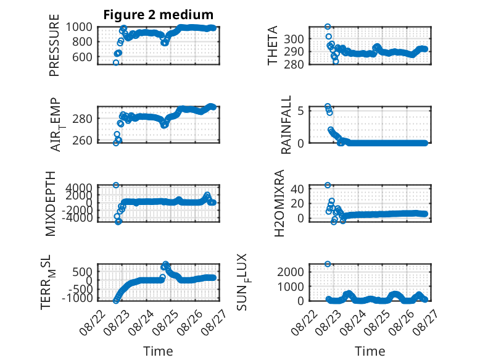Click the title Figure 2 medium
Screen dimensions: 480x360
coord(159,15)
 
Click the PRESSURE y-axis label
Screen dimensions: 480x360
coord(54,45)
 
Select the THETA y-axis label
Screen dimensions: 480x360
coord(272,45)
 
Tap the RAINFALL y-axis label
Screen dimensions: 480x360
coord(286,125)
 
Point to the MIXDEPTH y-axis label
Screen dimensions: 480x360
coord(50,204)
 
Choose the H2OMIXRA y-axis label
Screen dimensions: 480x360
coord(279,203)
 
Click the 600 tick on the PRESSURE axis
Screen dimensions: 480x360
coord(82,57)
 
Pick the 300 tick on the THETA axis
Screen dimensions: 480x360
coord(294,40)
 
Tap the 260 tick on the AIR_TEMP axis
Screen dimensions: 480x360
coord(82,141)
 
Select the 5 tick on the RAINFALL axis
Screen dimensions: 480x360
coord(300,111)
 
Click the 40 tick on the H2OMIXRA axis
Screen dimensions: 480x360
coord(297,189)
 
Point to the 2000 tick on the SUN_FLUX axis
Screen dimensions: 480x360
coord(291,272)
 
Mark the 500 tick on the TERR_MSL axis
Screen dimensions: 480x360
coord(82,272)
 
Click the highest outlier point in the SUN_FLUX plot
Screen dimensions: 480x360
coord(328,264)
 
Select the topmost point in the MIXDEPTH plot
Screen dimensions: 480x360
coord(116,185)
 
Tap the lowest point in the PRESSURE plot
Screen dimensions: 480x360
coord(116,63)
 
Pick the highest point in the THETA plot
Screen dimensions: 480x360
coord(328,27)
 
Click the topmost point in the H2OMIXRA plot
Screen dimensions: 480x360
coord(328,185)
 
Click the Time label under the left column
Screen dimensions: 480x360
coord(159,351)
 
